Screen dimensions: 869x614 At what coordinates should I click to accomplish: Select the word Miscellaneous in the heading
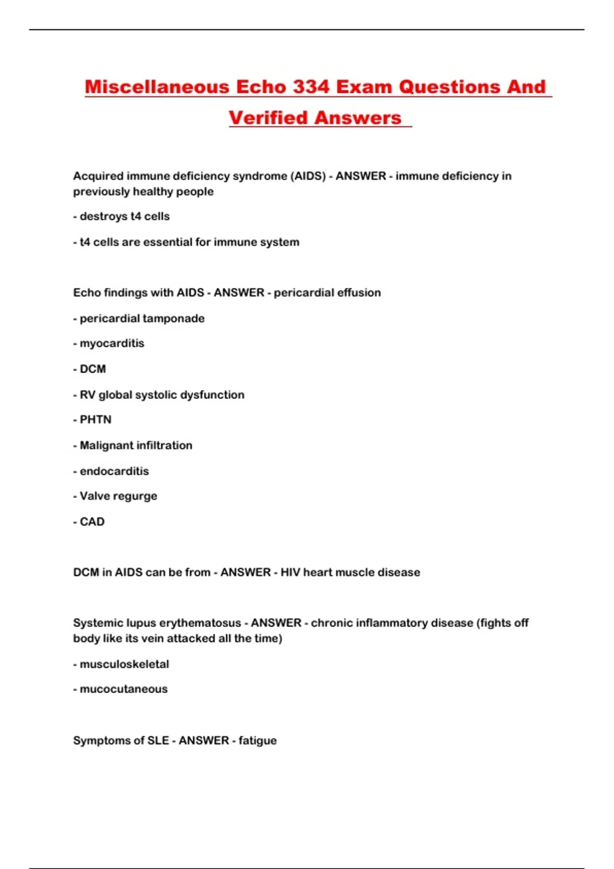157,87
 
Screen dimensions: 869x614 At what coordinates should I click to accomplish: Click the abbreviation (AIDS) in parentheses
308,176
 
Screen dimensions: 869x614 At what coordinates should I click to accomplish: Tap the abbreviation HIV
290,572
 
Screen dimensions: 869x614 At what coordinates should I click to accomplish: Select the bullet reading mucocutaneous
123,689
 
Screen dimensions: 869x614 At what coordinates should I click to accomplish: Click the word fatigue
257,741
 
